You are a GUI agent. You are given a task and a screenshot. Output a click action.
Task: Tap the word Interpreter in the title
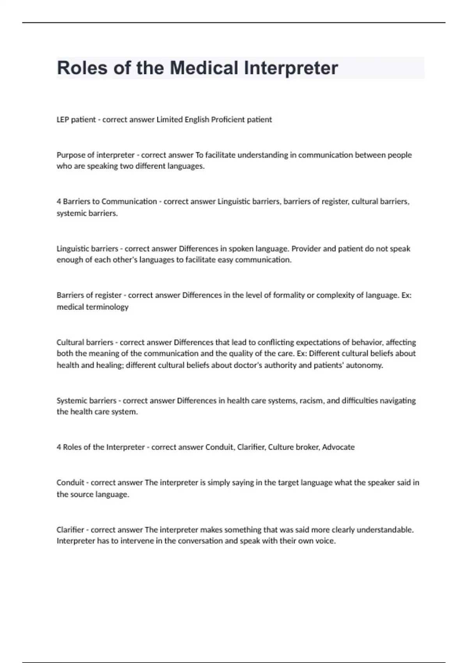point(291,68)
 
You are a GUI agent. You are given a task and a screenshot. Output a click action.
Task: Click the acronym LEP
point(63,120)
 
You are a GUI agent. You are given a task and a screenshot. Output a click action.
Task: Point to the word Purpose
point(71,155)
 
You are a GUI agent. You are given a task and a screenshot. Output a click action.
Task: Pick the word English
point(197,120)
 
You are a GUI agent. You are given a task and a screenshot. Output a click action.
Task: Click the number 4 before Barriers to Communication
point(59,202)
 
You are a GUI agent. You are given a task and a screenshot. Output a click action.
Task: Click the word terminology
point(108,307)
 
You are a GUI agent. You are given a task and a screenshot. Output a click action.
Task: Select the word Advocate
point(338,447)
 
